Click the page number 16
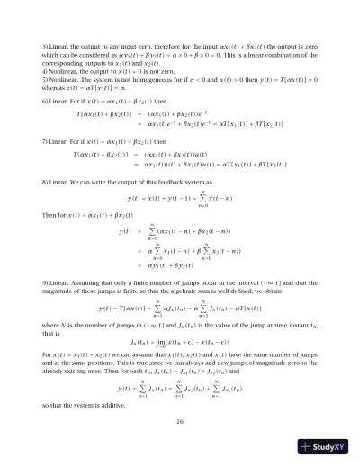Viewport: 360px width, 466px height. click(180, 420)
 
